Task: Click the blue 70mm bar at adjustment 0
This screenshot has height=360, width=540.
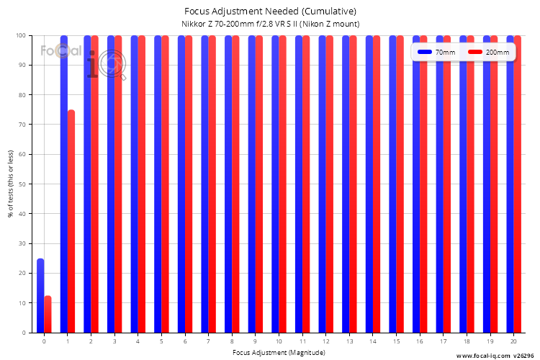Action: point(40,296)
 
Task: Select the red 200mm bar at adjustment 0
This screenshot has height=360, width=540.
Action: point(48,314)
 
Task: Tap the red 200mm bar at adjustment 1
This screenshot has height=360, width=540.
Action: point(71,221)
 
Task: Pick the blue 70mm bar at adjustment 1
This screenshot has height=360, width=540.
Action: point(63,184)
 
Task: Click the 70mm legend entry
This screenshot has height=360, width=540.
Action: point(436,53)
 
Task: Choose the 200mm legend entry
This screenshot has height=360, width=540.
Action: point(488,53)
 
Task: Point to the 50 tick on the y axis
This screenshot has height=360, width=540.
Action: point(22,184)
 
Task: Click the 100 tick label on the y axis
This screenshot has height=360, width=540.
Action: point(21,35)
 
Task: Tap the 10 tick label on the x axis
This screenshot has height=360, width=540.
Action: point(279,341)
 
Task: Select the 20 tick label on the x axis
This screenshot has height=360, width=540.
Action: point(513,341)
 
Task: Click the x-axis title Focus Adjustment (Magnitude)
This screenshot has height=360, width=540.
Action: point(279,352)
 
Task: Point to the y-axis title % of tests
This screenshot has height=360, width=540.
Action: point(11,184)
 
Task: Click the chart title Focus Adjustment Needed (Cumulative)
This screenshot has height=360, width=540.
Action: point(270,12)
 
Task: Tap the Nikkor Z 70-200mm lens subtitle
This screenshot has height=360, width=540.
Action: point(270,24)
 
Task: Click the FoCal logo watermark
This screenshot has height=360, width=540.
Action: point(61,51)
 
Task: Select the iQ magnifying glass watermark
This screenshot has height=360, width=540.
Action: point(107,65)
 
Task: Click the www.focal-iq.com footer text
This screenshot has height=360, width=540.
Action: point(483,356)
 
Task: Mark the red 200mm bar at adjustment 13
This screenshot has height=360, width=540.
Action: point(353,184)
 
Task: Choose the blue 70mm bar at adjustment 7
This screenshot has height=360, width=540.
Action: point(204,184)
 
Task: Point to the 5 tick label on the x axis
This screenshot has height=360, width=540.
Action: point(161,341)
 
